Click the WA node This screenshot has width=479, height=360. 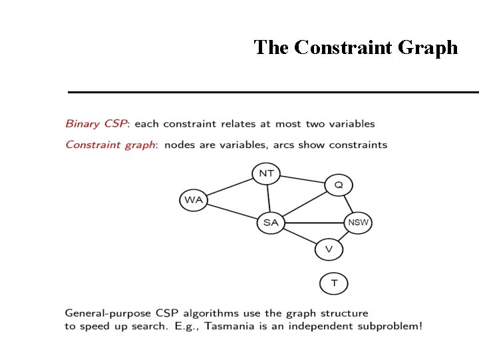click(194, 199)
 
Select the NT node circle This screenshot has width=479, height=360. click(266, 173)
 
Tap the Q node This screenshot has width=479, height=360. click(339, 185)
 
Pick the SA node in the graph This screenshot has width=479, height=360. click(271, 222)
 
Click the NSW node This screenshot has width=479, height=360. click(358, 222)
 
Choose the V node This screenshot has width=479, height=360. click(329, 249)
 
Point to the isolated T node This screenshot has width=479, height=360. click(334, 283)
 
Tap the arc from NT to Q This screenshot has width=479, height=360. click(303, 179)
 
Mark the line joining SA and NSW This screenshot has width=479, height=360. click(314, 222)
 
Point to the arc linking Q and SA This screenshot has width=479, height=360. click(305, 203)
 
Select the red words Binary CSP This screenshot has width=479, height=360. click(96, 124)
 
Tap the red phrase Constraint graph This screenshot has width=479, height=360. click(110, 145)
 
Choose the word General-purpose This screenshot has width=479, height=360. click(103, 313)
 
